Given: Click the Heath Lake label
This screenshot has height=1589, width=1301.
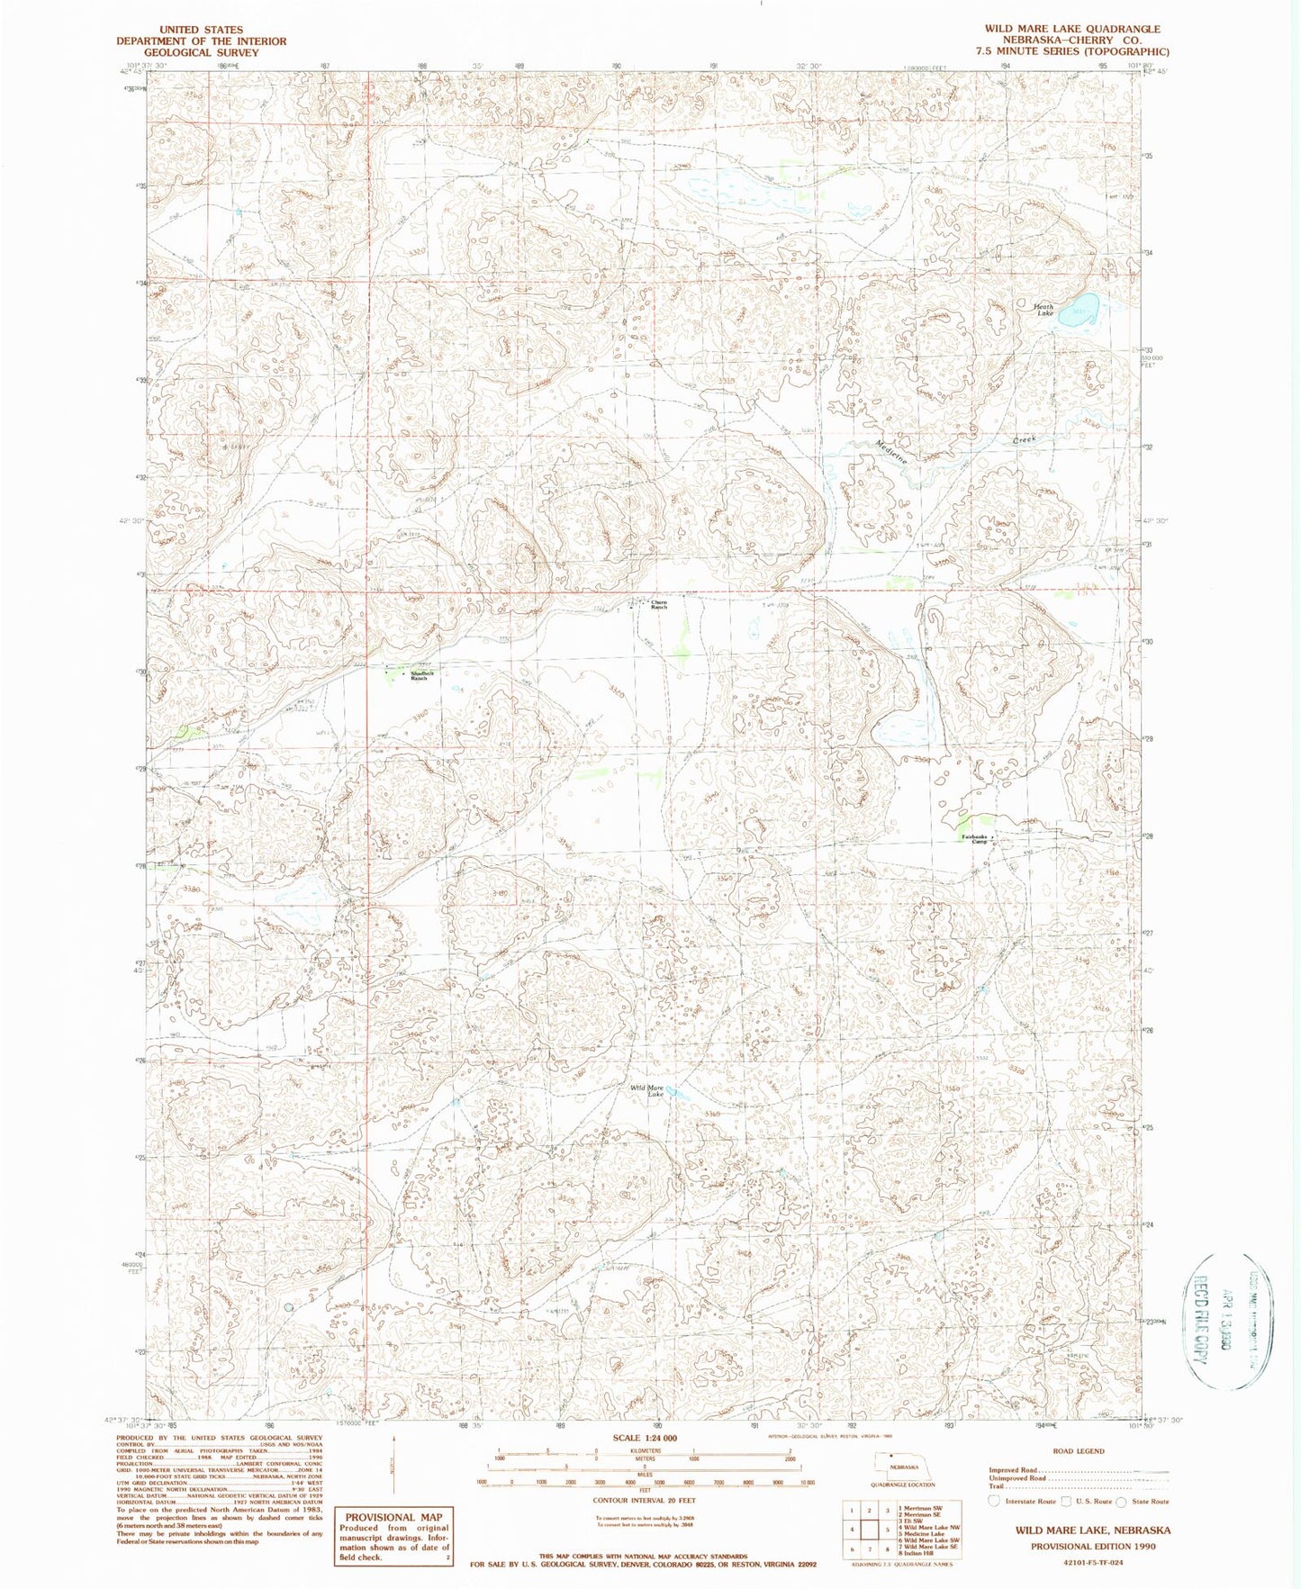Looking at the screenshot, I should [1044, 310].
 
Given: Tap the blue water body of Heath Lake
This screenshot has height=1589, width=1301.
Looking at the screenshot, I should [1078, 310].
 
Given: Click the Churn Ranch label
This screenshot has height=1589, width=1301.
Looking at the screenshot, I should [659, 605].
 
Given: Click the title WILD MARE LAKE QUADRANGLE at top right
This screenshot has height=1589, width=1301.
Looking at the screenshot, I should [1071, 29].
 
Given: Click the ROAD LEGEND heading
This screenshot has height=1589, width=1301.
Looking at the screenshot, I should [1077, 1451].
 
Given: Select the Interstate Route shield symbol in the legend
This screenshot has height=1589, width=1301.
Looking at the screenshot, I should [993, 1501].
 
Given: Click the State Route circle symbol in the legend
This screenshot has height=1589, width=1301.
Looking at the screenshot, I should [1121, 1501].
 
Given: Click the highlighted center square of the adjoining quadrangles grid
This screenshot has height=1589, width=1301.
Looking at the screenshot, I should [868, 1529].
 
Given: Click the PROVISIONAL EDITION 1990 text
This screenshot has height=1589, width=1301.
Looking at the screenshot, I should [1093, 1545].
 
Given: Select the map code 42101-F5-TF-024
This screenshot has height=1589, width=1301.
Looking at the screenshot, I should [1093, 1562].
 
